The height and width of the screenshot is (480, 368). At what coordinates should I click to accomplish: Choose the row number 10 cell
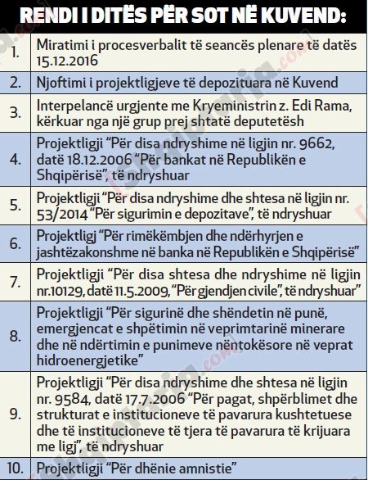[18, 469]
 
